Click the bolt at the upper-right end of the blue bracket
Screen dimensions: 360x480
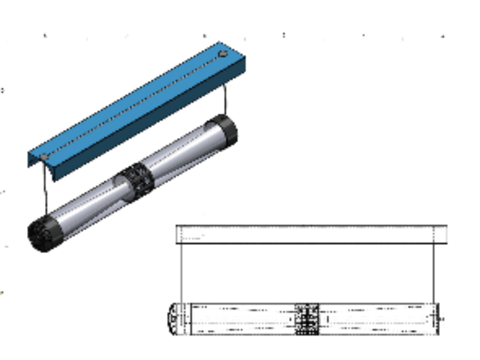(223, 54)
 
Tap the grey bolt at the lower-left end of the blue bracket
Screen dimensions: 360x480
(44, 157)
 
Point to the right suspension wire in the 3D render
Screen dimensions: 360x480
(225, 99)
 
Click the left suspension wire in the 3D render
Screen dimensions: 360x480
(45, 192)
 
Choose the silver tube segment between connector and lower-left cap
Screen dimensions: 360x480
(90, 207)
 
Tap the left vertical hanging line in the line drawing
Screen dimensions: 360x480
(181, 273)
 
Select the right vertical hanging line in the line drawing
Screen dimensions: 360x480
(434, 273)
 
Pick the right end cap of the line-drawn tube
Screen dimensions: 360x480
(437, 319)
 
